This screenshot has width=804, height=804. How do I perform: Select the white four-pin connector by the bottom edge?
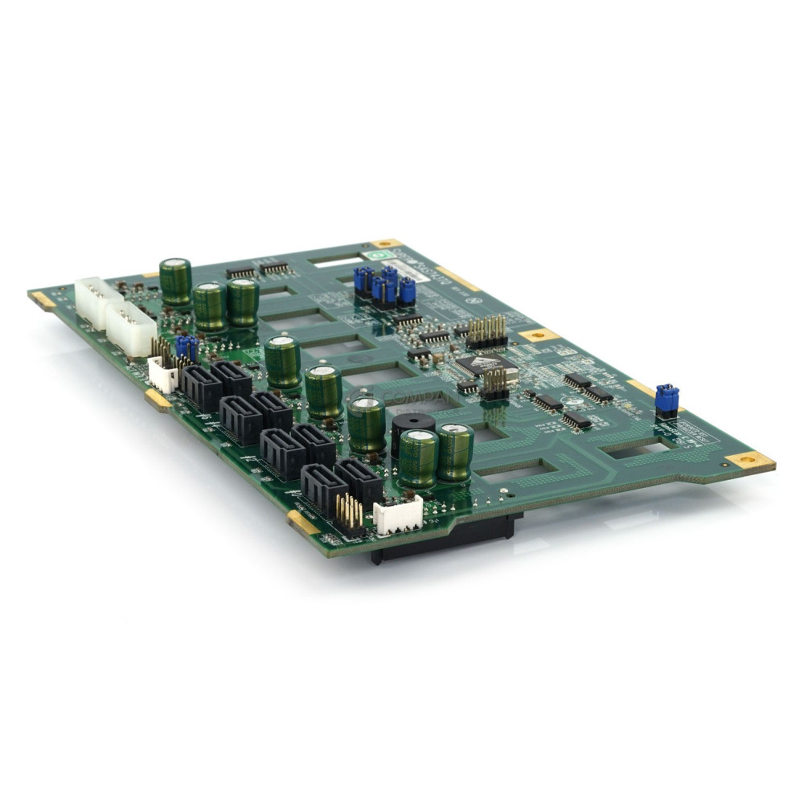coord(398,514)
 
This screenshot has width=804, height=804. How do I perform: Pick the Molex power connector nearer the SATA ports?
coord(132,327)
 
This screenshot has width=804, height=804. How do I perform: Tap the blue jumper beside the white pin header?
coord(187,348)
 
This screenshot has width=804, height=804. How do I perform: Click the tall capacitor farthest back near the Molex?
coord(175,281)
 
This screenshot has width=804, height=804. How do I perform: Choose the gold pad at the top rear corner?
coord(386,243)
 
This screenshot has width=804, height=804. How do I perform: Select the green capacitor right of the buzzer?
coord(456,452)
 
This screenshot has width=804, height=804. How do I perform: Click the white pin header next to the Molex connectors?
coord(163,375)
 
